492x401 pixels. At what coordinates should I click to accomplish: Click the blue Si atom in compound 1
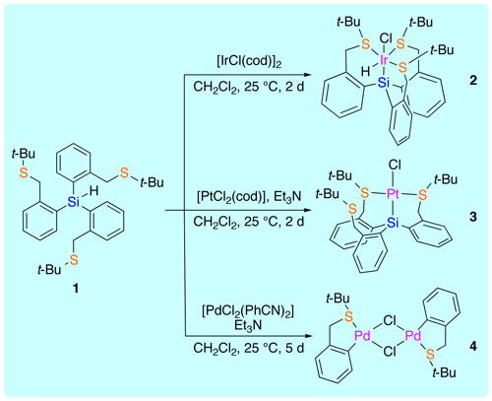(74, 202)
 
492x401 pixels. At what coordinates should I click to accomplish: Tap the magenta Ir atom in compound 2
(384, 60)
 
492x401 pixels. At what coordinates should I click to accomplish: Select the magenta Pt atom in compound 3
(393, 194)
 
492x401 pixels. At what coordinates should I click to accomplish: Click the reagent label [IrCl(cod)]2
(249, 62)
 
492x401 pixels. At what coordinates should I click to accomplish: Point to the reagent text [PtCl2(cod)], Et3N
(249, 197)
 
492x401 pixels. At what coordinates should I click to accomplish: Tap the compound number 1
(76, 289)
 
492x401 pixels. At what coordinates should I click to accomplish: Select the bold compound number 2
(472, 80)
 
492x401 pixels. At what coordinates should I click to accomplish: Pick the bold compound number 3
(472, 217)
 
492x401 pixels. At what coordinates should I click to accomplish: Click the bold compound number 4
(472, 346)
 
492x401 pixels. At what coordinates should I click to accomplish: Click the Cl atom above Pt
(395, 165)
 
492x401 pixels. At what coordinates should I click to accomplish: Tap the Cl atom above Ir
(386, 38)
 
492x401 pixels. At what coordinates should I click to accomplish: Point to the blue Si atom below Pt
(393, 224)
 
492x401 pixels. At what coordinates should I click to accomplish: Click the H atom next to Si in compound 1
(94, 191)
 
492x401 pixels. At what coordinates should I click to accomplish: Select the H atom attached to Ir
(365, 71)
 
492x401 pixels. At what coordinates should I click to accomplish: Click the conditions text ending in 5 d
(249, 348)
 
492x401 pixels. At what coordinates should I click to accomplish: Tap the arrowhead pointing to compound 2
(306, 75)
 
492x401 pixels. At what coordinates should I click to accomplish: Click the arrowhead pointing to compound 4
(306, 336)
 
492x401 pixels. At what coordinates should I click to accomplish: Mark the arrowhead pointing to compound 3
(306, 211)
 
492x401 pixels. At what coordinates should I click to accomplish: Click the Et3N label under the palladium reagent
(248, 325)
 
